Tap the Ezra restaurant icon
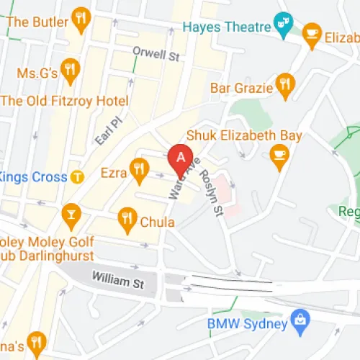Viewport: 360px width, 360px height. [x=138, y=171]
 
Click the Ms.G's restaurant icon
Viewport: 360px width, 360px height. [x=70, y=68]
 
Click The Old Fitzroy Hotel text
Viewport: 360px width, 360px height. [x=65, y=101]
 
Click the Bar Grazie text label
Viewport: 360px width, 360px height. [x=241, y=87]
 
